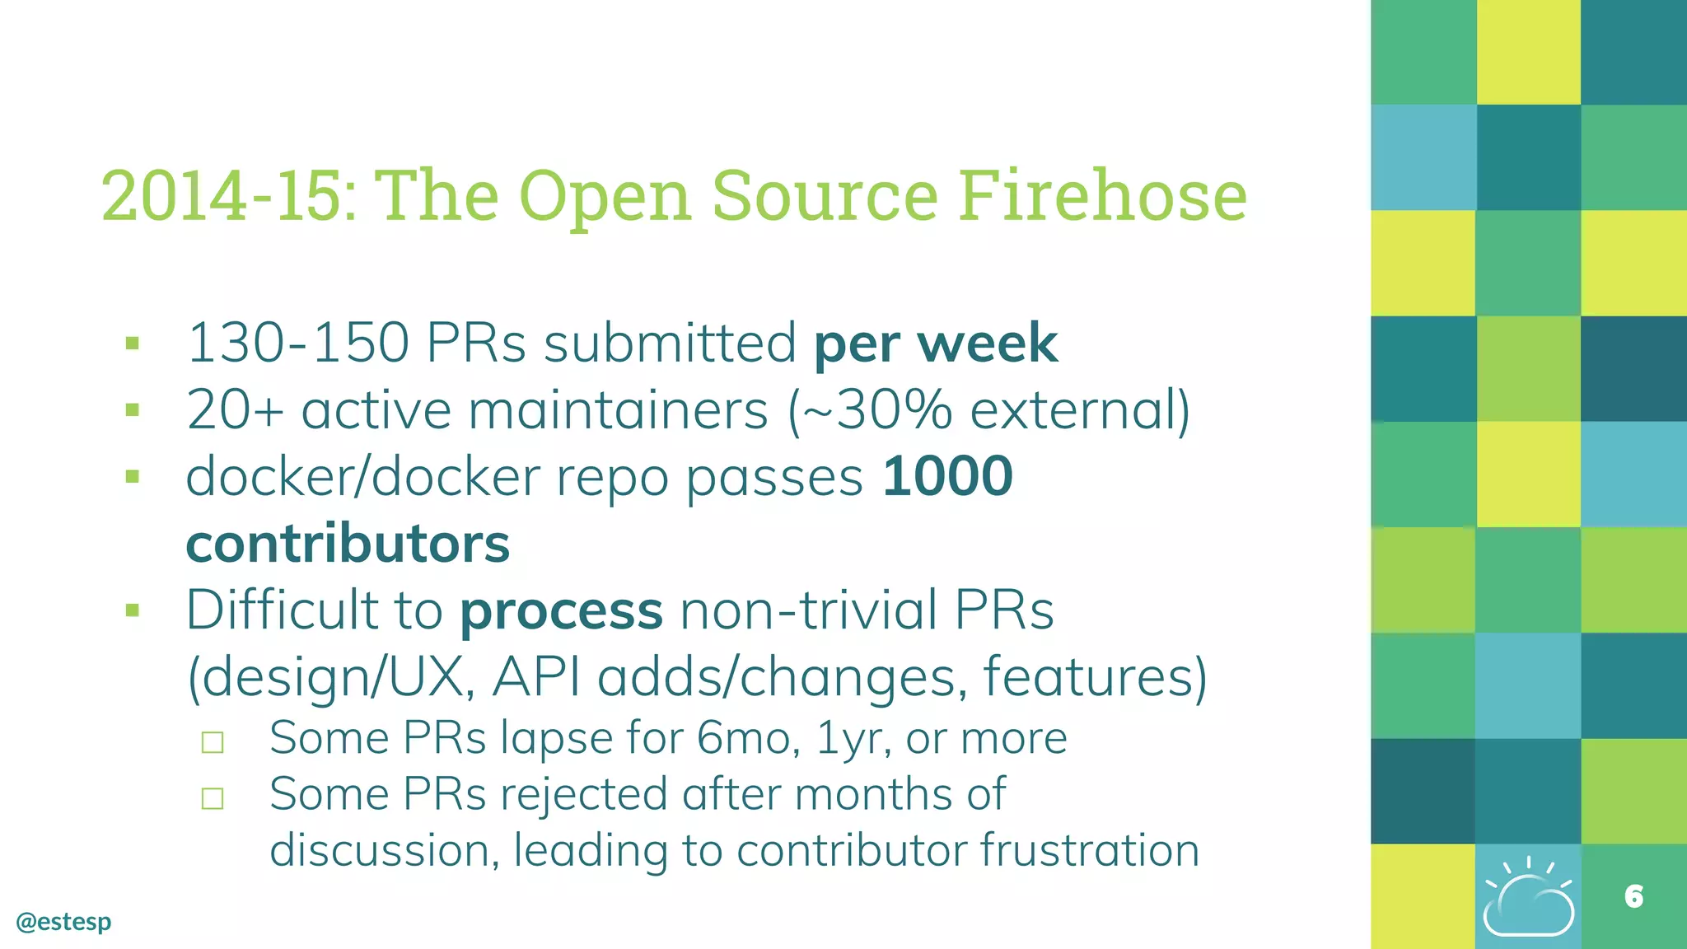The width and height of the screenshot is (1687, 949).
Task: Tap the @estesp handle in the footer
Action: pos(63,921)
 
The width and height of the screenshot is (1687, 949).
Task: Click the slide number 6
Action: pos(1633,896)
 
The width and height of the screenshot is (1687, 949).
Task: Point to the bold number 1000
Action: pos(947,476)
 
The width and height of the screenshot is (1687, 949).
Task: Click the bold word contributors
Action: pos(348,544)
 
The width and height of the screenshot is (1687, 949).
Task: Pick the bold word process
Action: pos(561,610)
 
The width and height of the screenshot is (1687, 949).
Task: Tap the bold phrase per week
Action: pos(935,343)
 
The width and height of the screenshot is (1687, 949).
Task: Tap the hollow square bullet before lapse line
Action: pos(213,742)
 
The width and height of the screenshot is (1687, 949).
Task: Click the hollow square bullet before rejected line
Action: pos(213,798)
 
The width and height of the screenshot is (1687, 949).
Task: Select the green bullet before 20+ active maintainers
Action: pos(133,410)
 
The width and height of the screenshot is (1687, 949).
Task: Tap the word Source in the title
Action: pos(825,196)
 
